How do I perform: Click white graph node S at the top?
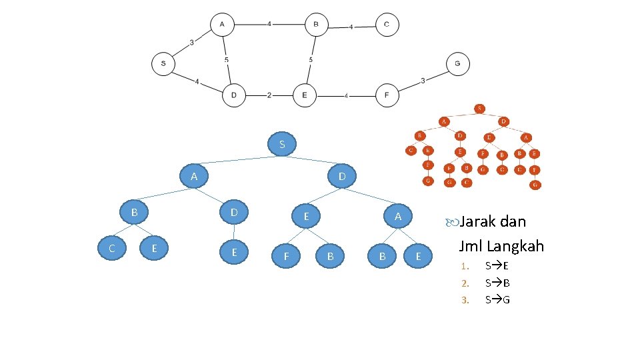[163, 64]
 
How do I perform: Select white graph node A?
[222, 25]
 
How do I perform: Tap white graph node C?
[387, 25]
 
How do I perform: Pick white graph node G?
[457, 64]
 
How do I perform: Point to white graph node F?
[387, 95]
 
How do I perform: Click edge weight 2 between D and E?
[269, 95]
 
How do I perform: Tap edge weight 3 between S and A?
[192, 43]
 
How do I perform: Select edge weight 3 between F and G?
[423, 81]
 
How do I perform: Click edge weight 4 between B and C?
[351, 27]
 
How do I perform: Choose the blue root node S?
[282, 144]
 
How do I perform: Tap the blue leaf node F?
[287, 255]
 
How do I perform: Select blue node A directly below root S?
[194, 177]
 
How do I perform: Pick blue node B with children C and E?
[134, 213]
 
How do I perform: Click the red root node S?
[480, 108]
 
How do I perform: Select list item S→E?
[497, 266]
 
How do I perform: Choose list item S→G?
[498, 299]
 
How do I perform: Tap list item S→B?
[497, 283]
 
